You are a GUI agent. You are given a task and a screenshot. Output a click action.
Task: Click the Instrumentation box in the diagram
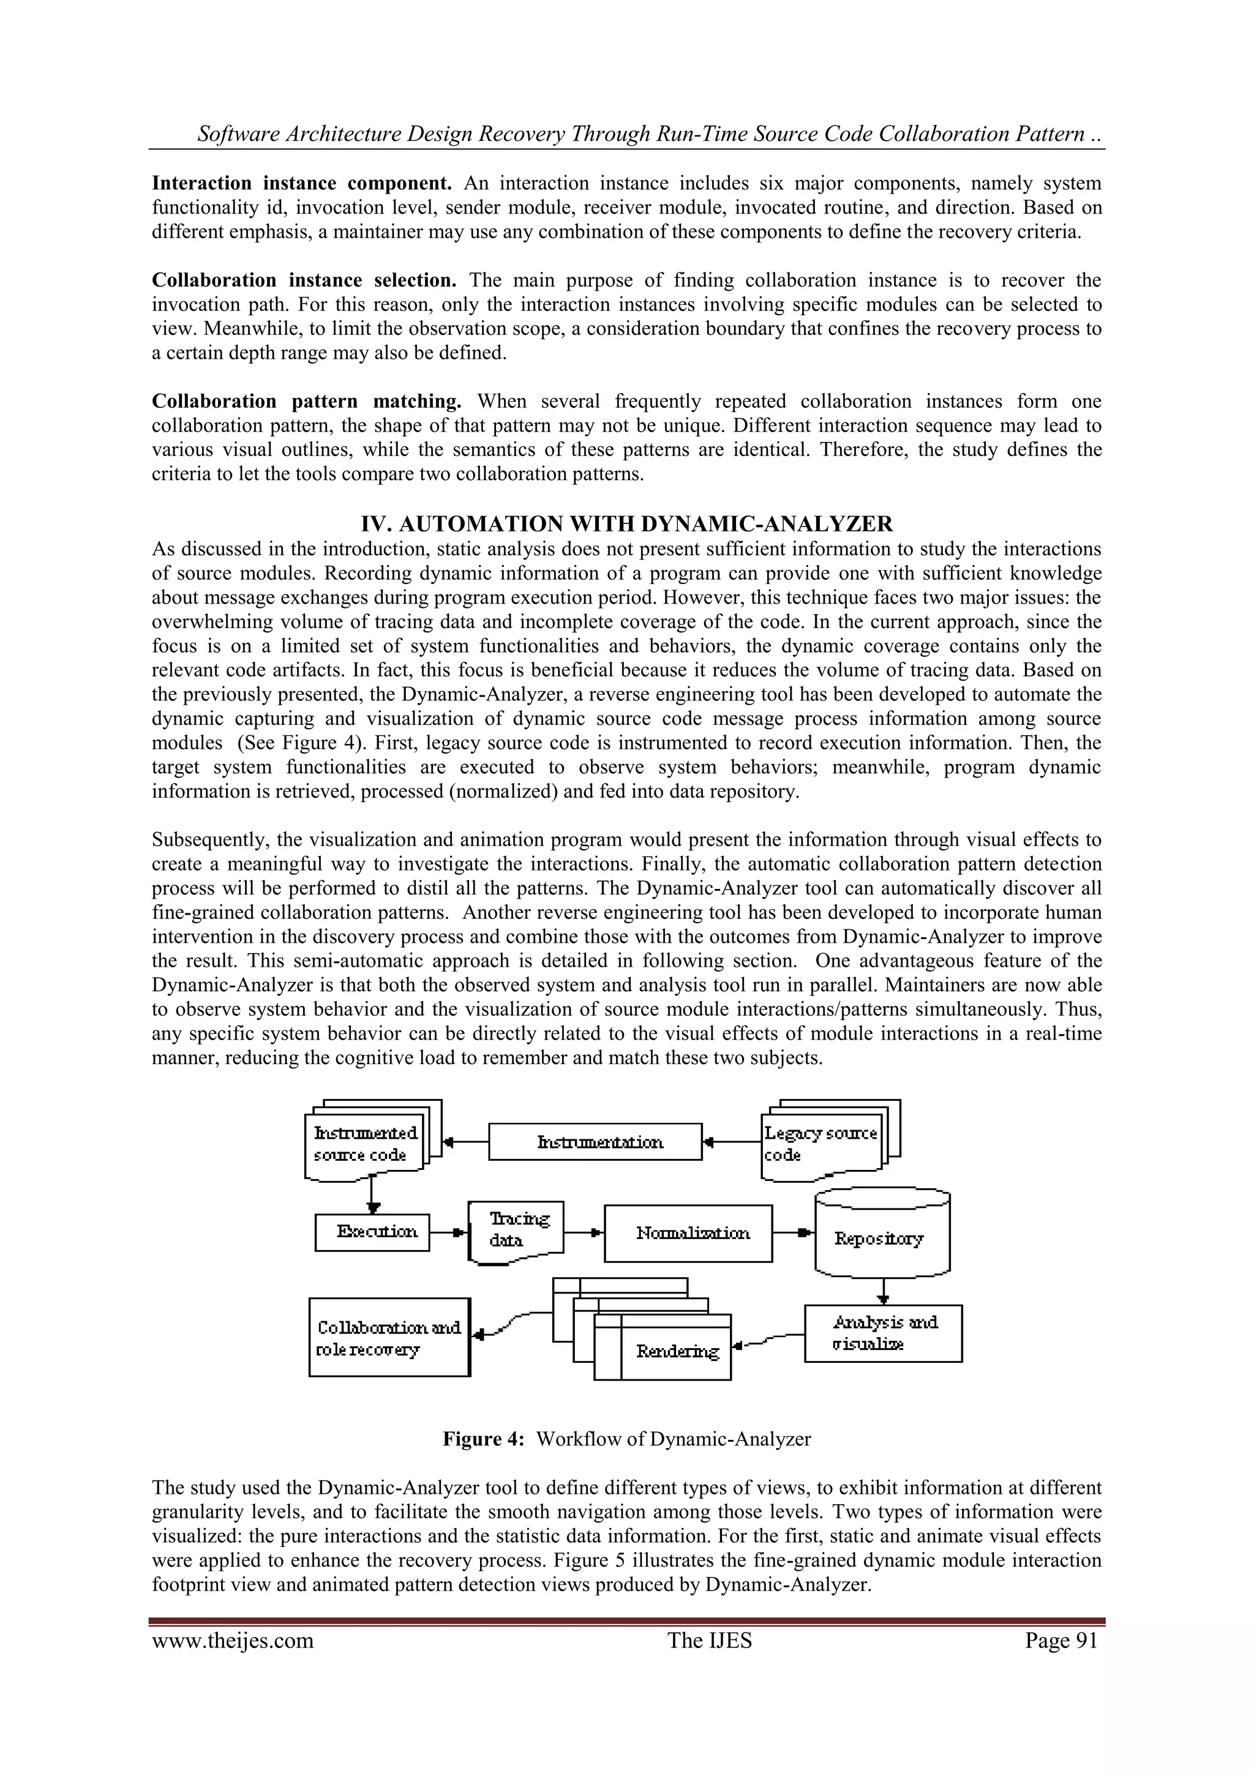(x=595, y=1142)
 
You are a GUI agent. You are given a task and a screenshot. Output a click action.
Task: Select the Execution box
(x=372, y=1232)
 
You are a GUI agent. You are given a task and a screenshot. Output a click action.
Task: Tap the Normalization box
(x=688, y=1233)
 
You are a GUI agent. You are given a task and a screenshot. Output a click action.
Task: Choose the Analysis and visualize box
(x=884, y=1333)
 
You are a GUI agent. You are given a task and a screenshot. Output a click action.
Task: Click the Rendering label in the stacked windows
(x=677, y=1351)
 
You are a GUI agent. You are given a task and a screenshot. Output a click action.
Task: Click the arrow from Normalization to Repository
(x=794, y=1232)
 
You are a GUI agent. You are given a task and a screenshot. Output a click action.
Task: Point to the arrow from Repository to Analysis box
(x=884, y=1288)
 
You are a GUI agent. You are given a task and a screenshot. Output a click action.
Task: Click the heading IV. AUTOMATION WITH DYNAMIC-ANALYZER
(x=626, y=524)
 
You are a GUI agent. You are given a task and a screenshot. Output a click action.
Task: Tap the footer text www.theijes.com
(x=233, y=1640)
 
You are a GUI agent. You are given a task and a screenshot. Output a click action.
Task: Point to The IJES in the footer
(x=709, y=1640)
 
